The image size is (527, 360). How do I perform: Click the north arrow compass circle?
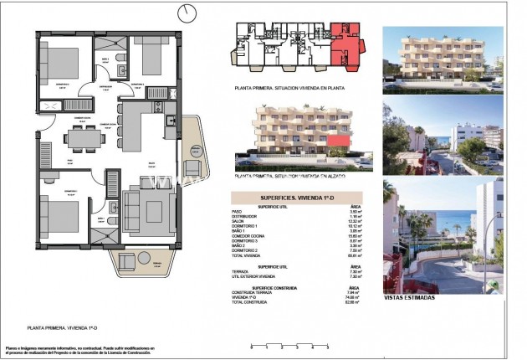coord(187,12)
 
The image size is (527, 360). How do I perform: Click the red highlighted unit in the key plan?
coord(344,43)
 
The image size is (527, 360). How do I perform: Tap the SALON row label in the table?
coord(264,219)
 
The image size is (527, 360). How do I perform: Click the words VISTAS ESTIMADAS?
coord(412,296)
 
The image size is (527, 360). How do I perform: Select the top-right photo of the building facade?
coord(443,55)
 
